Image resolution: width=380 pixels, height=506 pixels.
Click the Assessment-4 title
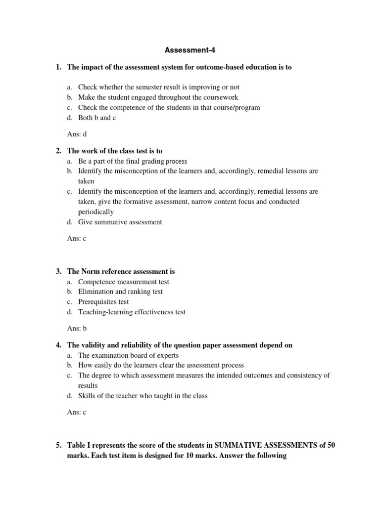point(190,50)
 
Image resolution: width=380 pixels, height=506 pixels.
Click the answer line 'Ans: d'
point(77,133)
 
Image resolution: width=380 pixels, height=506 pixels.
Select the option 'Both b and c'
point(94,118)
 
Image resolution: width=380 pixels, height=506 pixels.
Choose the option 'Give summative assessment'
point(120,222)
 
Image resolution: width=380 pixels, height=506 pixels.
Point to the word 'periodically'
point(96,211)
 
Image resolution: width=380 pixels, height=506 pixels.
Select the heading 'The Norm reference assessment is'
point(121,271)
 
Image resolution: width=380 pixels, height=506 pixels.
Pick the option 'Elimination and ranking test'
point(120,292)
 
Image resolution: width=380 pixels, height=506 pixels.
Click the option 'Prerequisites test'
point(103,301)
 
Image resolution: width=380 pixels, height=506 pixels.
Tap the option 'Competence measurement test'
point(123,282)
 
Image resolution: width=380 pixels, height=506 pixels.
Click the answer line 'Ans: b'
point(77,328)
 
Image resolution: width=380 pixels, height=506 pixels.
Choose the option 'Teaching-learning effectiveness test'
point(132,312)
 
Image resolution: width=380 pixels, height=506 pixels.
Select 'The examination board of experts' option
point(128,355)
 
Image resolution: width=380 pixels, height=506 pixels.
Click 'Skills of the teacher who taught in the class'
point(143,395)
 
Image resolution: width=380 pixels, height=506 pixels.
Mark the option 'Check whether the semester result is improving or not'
point(158,87)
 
